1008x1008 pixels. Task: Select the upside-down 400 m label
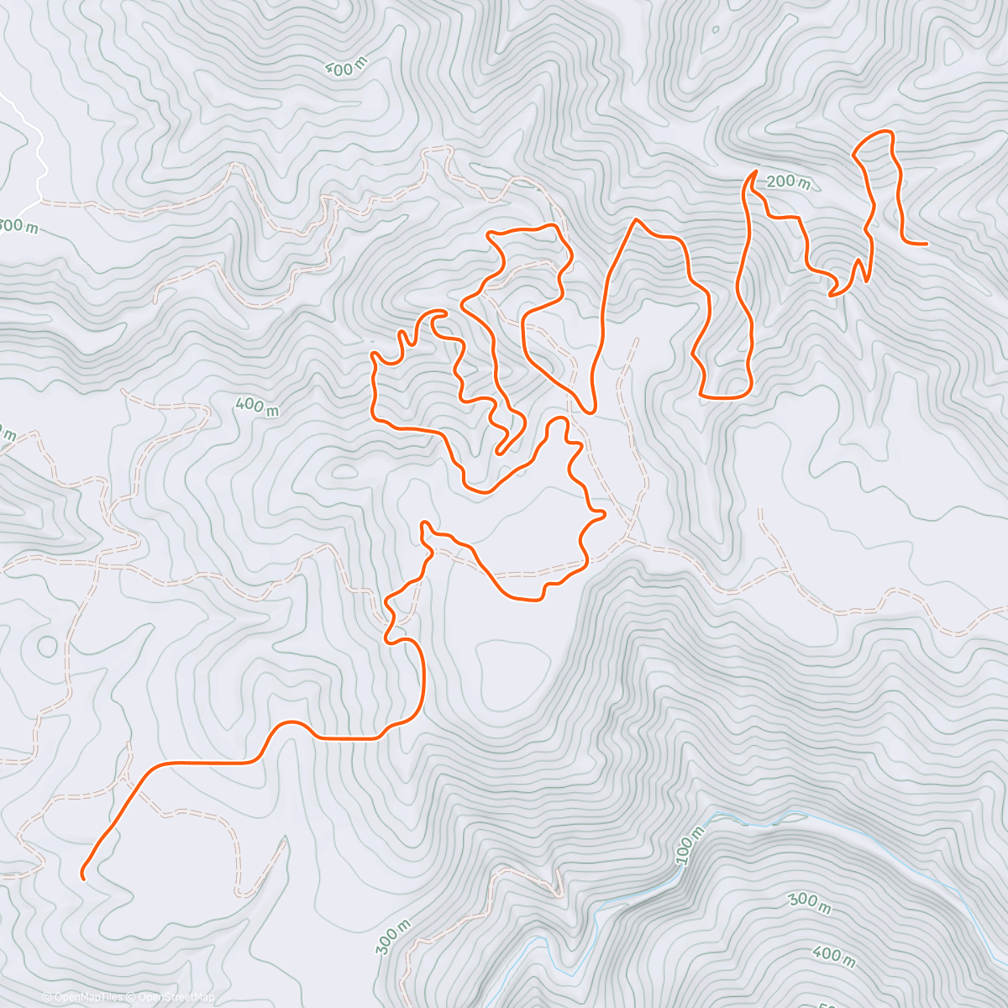pos(344,70)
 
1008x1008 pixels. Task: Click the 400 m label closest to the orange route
pos(257,407)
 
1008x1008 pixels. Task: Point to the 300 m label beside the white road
pos(18,225)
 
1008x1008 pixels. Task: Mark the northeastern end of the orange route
pos(926,244)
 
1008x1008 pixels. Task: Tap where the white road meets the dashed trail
pos(39,201)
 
